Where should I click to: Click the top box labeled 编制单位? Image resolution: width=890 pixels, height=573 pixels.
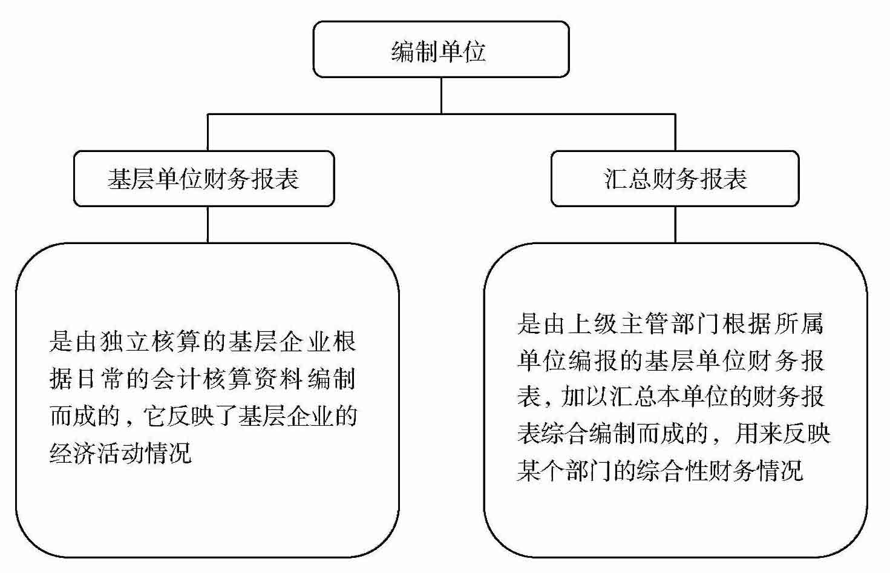[440, 50]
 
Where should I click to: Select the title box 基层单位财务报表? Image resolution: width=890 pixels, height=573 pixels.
[203, 179]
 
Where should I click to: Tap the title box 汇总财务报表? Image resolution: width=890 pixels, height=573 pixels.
[675, 179]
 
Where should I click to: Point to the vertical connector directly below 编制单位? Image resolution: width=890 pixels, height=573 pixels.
[441, 95]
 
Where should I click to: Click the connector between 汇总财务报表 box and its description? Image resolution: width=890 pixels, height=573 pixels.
[675, 224]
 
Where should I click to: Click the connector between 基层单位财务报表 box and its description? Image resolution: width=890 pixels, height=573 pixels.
[208, 224]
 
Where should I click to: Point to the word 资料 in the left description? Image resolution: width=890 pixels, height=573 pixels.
[289, 380]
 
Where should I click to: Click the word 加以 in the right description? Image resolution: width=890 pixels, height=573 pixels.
[581, 398]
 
